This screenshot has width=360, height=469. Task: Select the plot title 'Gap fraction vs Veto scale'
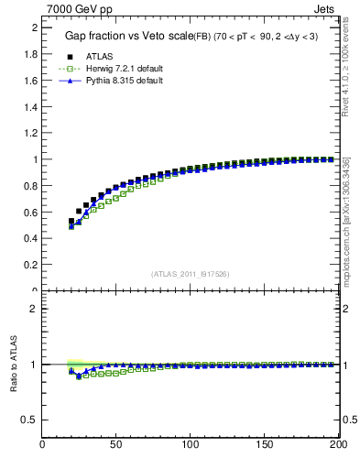click(x=127, y=36)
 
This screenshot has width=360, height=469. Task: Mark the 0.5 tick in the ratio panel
click(x=29, y=420)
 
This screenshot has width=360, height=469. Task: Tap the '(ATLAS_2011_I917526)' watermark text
click(x=190, y=274)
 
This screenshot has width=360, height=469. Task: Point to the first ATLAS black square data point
click(x=71, y=221)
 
